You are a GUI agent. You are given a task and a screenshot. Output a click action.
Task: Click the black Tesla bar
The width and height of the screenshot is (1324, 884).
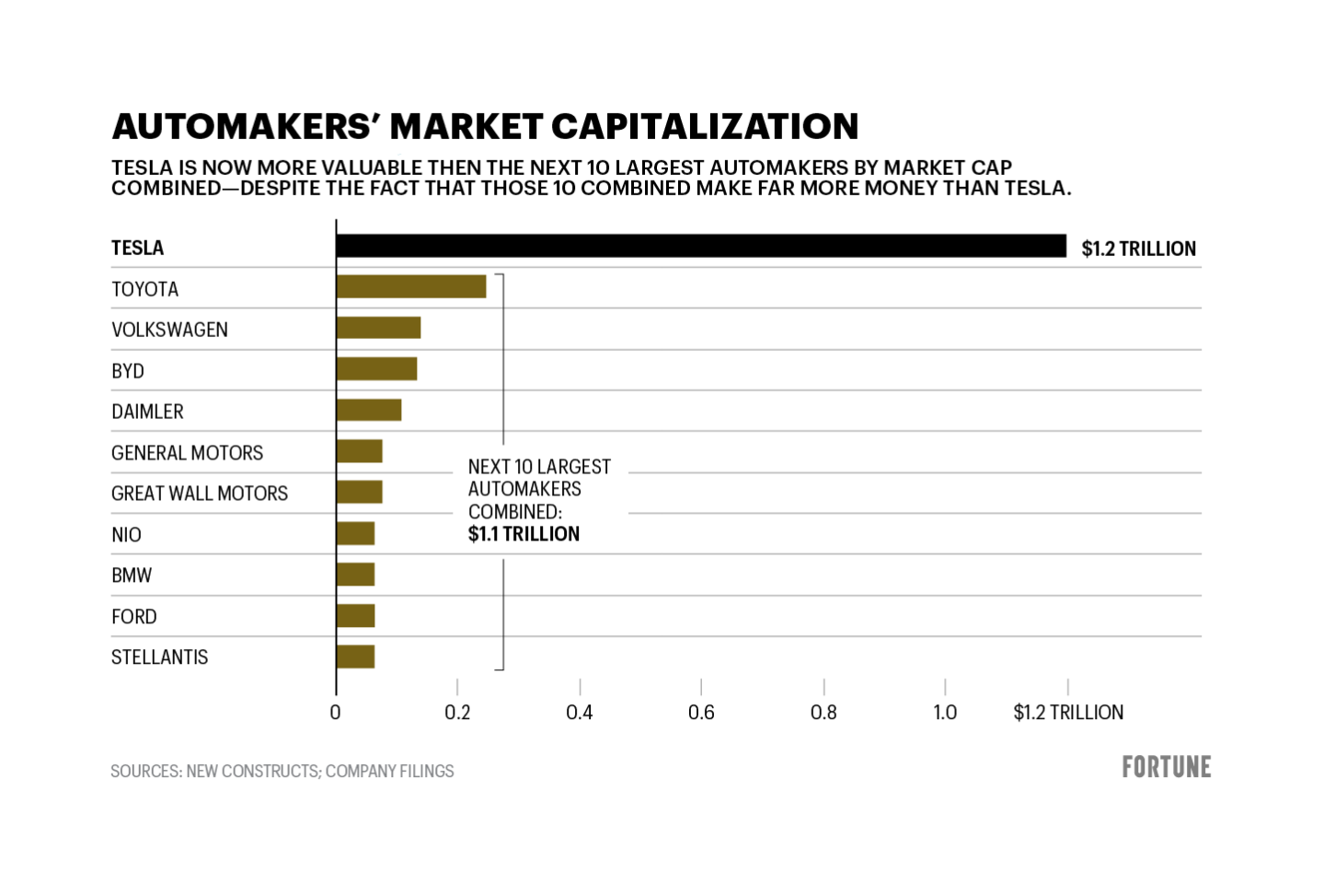700,246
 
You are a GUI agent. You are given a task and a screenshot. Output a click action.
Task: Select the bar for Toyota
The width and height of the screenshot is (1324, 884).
411,286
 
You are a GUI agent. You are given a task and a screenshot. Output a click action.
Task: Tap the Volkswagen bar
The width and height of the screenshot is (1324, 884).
378,328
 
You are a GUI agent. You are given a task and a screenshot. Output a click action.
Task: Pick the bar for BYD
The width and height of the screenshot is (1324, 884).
376,368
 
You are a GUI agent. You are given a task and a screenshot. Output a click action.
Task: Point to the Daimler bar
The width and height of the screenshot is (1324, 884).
369,410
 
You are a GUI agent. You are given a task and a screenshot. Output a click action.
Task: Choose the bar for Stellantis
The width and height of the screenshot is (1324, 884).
355,657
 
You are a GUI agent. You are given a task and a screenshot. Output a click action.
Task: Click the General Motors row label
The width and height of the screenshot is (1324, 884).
187,453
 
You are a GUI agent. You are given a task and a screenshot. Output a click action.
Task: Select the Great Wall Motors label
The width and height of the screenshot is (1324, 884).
199,494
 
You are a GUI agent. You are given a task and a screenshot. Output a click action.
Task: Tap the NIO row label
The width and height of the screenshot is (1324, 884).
126,535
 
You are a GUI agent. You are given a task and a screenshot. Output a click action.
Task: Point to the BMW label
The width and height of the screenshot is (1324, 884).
132,576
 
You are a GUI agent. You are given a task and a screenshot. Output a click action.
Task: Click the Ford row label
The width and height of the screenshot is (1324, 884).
133,617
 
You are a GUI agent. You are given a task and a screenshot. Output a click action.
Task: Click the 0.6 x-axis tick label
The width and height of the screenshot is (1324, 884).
701,713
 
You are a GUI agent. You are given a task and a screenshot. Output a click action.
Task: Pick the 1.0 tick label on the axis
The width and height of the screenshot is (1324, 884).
945,713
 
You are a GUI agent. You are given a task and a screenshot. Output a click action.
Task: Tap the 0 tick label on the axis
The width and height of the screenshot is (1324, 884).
335,713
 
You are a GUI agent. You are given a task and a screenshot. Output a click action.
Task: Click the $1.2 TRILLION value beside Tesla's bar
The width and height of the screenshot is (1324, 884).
1138,249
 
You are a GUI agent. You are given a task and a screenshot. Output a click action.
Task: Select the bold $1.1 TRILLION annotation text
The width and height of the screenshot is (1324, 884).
524,534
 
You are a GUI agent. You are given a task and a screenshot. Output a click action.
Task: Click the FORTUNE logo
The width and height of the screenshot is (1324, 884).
1166,767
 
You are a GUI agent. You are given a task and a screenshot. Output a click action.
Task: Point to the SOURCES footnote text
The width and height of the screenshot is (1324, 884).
282,772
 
